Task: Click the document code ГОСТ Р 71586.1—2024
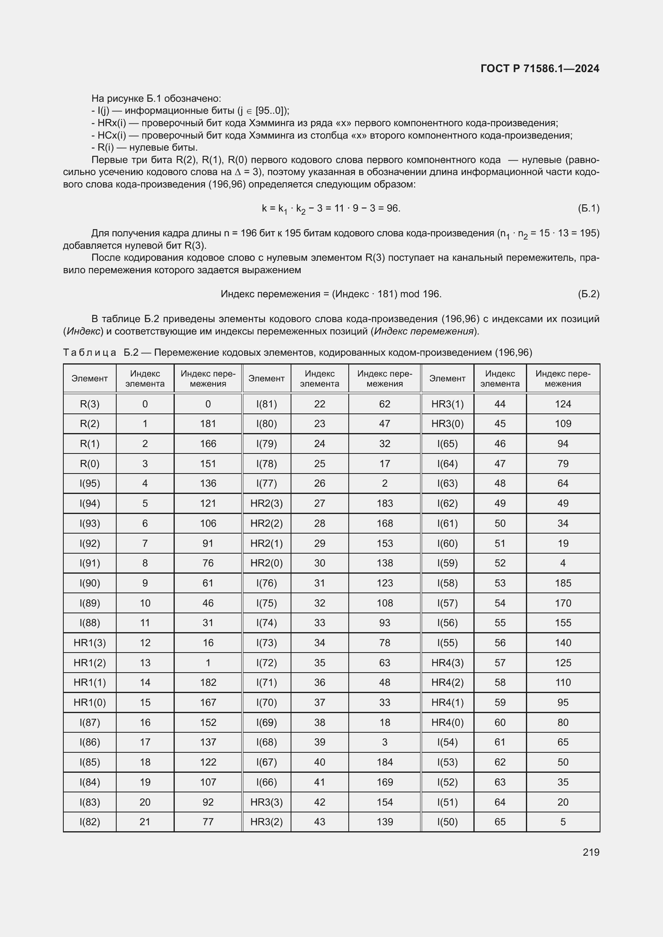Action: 540,69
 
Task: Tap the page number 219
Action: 591,852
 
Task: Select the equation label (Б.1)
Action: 588,209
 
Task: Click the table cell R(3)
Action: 89,404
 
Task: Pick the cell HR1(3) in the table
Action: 89,643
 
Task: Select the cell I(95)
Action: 89,484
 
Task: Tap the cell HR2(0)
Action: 266,563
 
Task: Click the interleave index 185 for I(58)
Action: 562,583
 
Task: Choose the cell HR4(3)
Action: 447,663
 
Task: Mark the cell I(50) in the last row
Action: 447,822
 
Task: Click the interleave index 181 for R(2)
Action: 208,424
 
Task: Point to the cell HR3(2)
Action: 266,822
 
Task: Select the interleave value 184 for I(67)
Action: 384,762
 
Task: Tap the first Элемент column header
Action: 89,379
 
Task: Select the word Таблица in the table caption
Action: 89,353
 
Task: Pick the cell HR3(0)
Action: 447,424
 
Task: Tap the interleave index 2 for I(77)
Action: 384,484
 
